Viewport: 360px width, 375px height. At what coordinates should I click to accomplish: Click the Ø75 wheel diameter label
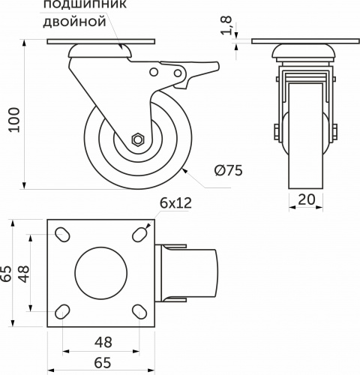tap(228, 170)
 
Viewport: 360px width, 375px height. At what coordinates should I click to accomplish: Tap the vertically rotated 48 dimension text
tap(25, 274)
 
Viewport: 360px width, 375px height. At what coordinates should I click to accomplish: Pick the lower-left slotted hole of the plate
tap(63, 311)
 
